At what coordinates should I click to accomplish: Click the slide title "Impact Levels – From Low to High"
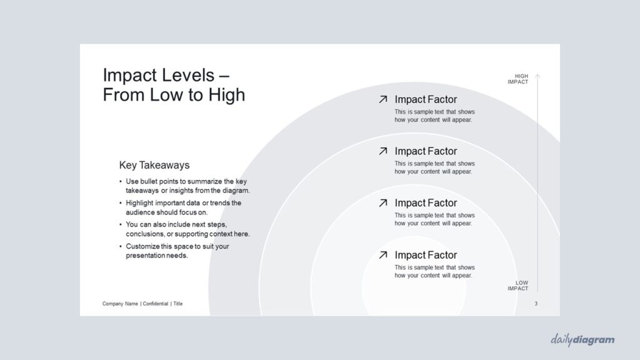point(174,85)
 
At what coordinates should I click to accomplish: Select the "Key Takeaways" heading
point(154,165)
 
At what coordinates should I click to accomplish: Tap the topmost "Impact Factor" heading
point(426,99)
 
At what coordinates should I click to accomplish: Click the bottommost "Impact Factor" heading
point(426,255)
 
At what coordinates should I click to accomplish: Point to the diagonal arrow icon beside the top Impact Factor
point(383,99)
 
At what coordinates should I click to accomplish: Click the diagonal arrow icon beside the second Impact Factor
point(383,151)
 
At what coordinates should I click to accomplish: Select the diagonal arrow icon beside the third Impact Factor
point(383,203)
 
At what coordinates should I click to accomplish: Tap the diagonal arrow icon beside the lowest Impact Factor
point(383,255)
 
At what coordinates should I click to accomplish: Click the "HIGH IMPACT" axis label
point(518,79)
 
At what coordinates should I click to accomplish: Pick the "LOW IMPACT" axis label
point(518,286)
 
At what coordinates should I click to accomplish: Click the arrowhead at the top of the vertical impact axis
point(537,76)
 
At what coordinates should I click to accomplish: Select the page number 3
point(536,304)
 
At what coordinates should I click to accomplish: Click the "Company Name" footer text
point(120,304)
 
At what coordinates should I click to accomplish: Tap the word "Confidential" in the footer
point(156,304)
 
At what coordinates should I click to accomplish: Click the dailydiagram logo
point(582,339)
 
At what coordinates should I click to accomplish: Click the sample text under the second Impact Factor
point(435,167)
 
